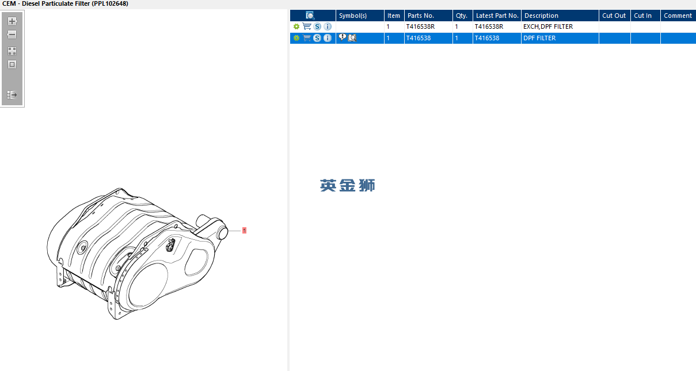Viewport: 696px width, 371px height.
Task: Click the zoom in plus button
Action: [12, 21]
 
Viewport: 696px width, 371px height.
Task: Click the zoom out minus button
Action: [12, 34]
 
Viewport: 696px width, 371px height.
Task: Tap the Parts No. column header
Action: [420, 16]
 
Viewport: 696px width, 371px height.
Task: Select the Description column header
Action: [541, 16]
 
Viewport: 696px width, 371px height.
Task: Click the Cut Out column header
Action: [614, 16]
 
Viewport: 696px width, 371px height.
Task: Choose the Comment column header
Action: [678, 16]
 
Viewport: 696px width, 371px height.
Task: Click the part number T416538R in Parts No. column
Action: [420, 26]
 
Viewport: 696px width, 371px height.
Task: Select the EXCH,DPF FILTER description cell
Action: [548, 26]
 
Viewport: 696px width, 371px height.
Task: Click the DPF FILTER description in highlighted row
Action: [539, 38]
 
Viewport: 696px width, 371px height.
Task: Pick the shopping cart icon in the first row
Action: [307, 26]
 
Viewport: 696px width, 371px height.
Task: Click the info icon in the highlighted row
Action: [328, 38]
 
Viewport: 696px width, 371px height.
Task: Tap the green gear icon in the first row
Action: [296, 26]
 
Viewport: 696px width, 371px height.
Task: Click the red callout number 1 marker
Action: [244, 230]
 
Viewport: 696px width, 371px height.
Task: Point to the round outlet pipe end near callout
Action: [222, 233]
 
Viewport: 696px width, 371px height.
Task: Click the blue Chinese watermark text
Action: [347, 185]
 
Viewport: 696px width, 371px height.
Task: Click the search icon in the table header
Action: [310, 16]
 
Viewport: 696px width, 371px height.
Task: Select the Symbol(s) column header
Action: [353, 16]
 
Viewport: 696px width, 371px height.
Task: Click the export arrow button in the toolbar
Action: [12, 95]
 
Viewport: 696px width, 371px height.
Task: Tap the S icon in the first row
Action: [317, 26]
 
